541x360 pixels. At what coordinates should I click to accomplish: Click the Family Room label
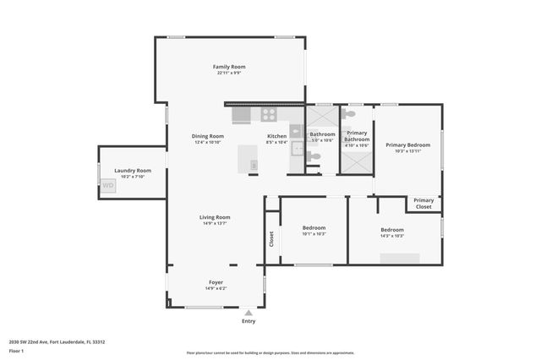tap(229, 67)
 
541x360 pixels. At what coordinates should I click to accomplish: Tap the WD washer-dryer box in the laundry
tap(108, 186)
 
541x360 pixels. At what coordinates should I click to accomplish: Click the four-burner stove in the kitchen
tap(269, 114)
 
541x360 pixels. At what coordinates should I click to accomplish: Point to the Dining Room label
tap(207, 136)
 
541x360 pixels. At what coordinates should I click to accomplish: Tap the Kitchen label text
tap(276, 136)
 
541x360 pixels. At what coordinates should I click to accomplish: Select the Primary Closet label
tap(424, 204)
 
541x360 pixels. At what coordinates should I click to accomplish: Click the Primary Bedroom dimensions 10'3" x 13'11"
tap(407, 152)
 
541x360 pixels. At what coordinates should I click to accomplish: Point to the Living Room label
tap(215, 217)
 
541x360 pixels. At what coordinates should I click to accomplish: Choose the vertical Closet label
tap(271, 240)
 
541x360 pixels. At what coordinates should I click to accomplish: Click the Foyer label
tap(216, 282)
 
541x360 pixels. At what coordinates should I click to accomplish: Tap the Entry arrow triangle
tap(249, 312)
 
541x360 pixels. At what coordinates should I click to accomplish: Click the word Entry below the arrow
tap(249, 321)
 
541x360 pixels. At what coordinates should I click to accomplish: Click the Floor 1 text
tap(17, 351)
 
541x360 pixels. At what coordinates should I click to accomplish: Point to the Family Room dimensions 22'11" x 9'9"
tap(229, 74)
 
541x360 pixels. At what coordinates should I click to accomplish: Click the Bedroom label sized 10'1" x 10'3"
tap(314, 227)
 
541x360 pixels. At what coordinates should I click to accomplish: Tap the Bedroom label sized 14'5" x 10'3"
tap(391, 230)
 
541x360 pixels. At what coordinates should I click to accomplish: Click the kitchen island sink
tap(254, 164)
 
